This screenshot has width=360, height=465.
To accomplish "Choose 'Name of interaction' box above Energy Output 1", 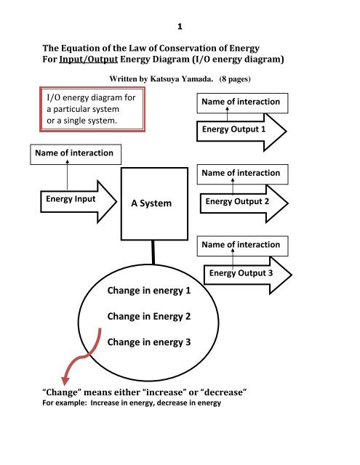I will (x=242, y=102).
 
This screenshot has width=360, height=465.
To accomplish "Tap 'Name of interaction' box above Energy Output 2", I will (x=242, y=174).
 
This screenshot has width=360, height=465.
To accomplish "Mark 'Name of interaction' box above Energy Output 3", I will (x=242, y=245).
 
